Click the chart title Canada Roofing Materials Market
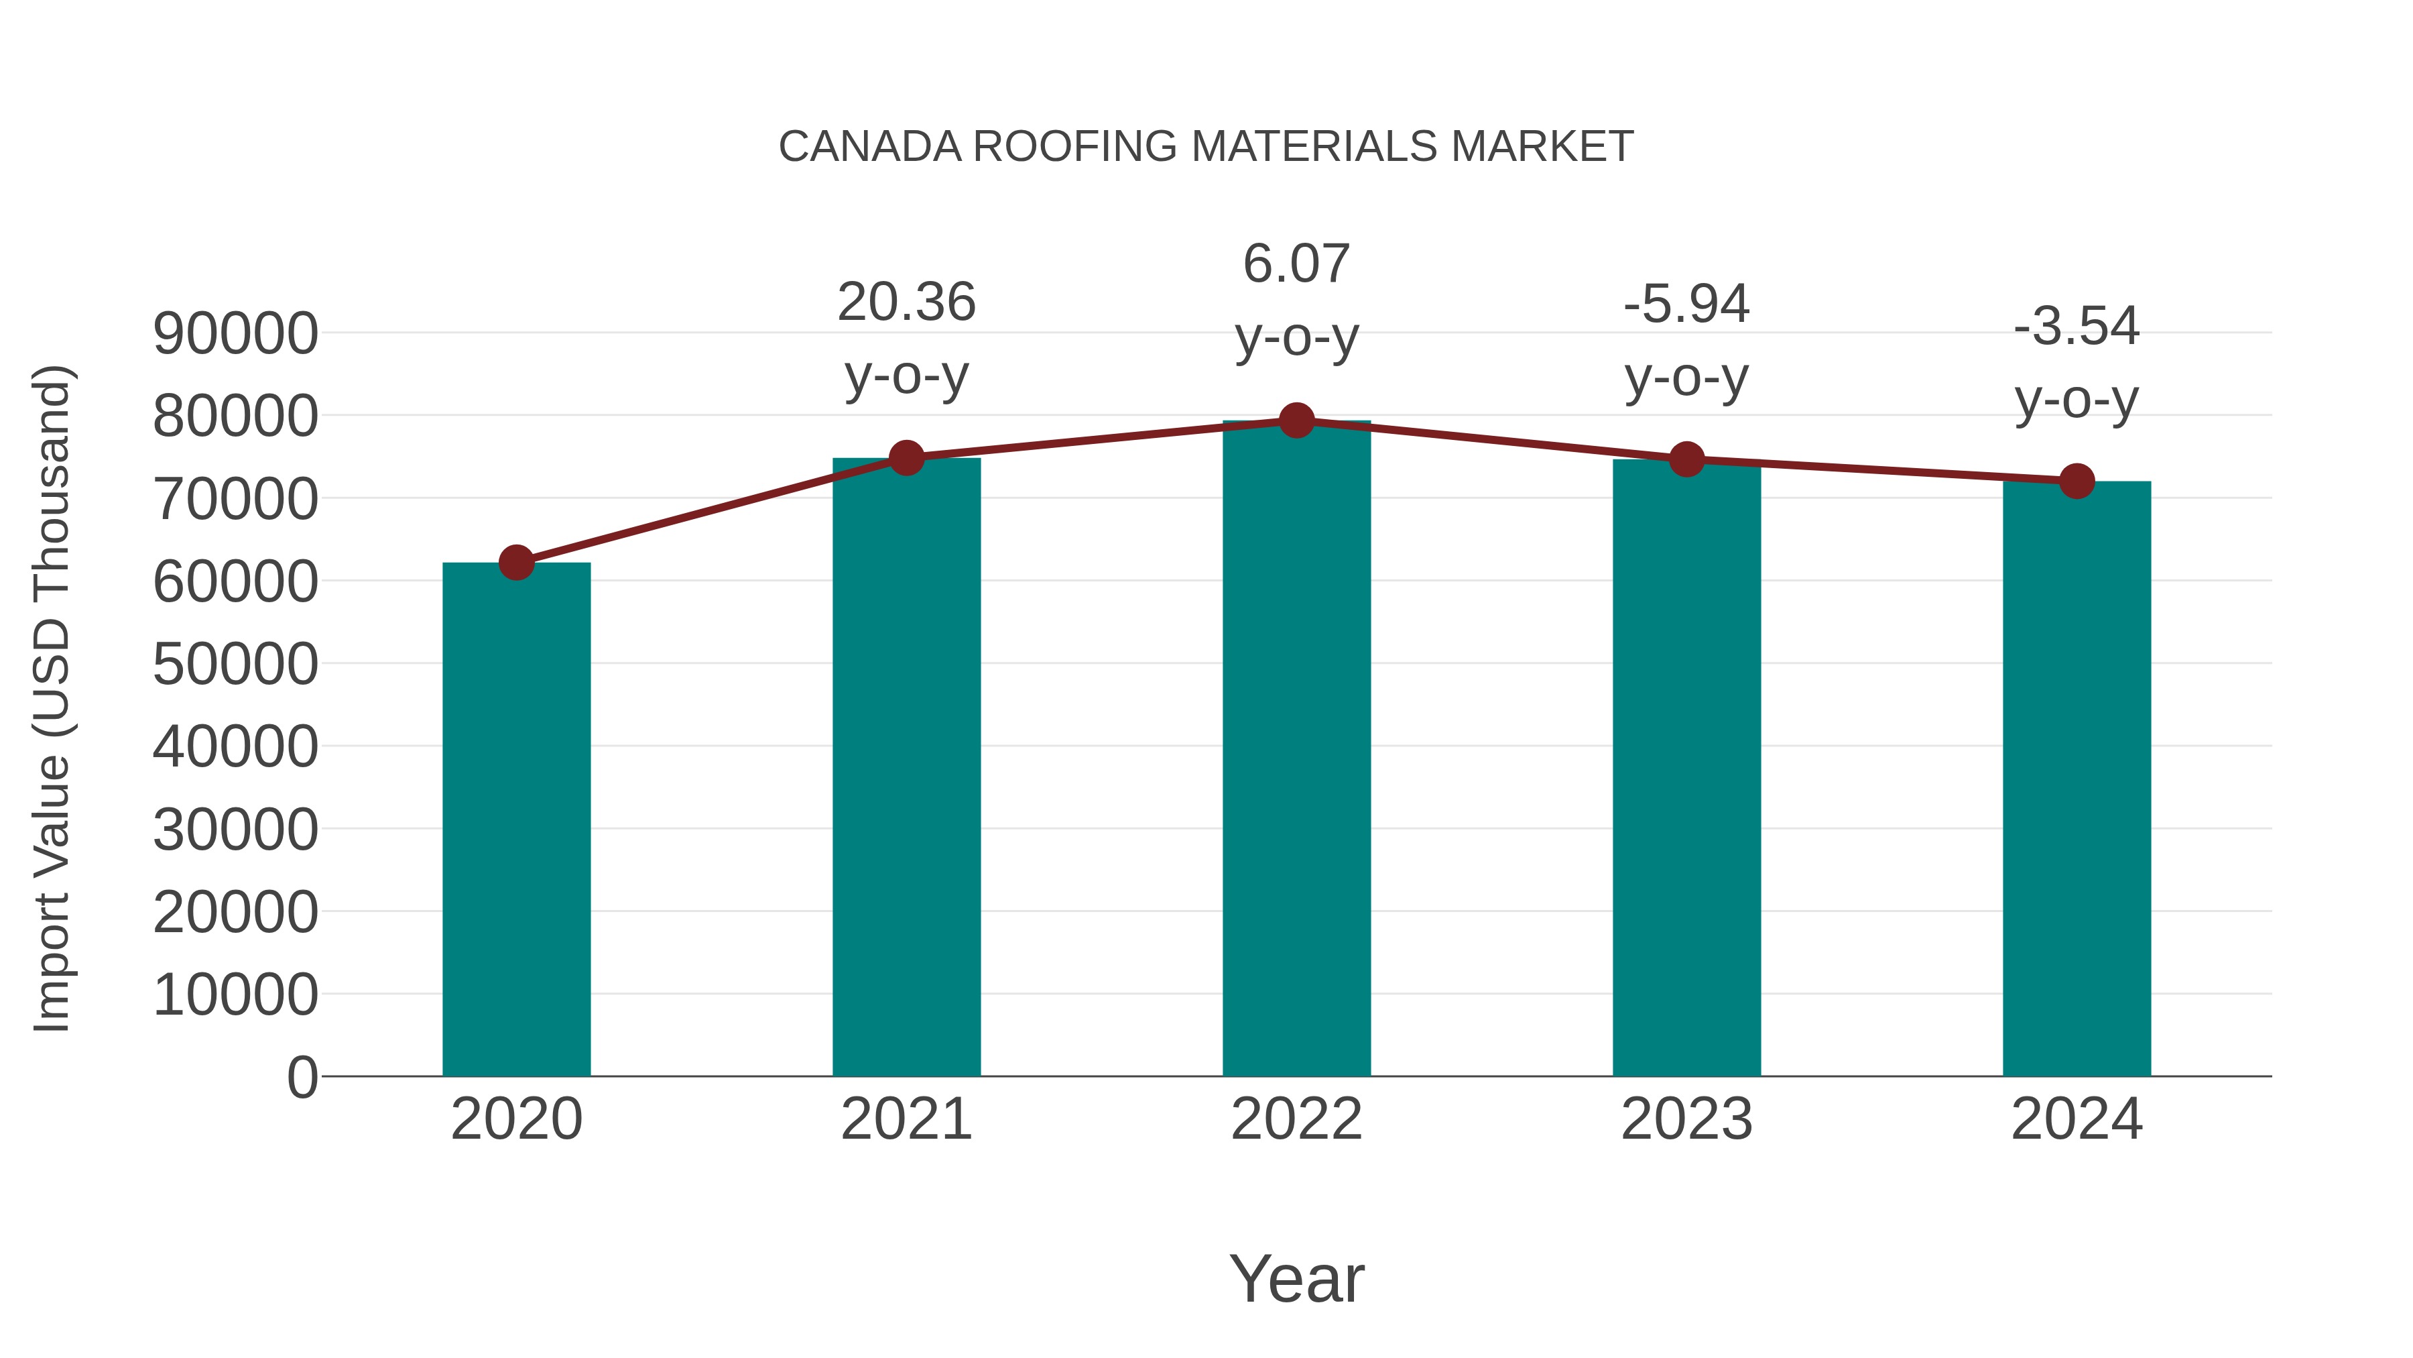[x=1206, y=147]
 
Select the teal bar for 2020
[x=516, y=820]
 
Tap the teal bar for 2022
[x=1296, y=750]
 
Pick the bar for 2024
[x=2077, y=778]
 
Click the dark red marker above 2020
[x=516, y=563]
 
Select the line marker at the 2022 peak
[x=1296, y=420]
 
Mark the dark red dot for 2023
[x=1687, y=460]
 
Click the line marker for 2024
[x=2077, y=481]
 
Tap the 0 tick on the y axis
[x=302, y=1077]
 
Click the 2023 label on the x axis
[x=1687, y=1119]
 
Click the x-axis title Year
[x=1296, y=1278]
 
